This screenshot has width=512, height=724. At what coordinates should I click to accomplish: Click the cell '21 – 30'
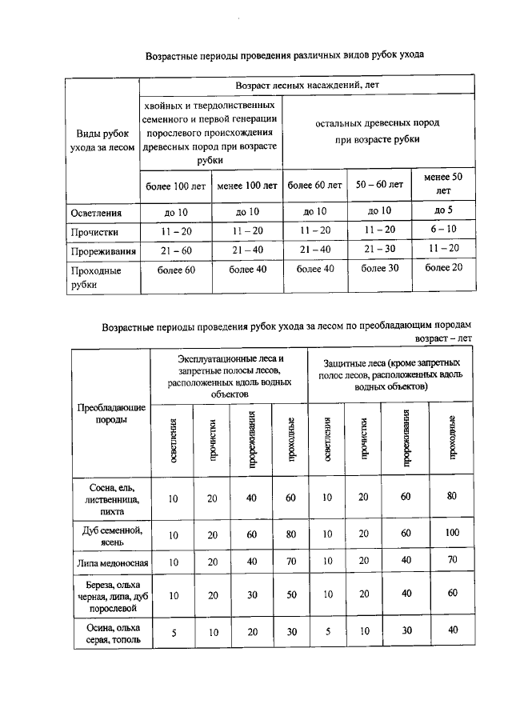point(379,250)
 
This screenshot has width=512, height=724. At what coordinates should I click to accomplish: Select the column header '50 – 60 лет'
point(379,185)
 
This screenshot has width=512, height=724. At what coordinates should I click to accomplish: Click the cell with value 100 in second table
point(453,533)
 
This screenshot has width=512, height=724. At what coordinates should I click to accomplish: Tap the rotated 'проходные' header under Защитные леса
point(453,438)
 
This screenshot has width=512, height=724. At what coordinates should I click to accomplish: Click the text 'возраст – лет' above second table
point(443,338)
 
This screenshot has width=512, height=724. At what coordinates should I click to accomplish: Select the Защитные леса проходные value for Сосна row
point(453,498)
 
